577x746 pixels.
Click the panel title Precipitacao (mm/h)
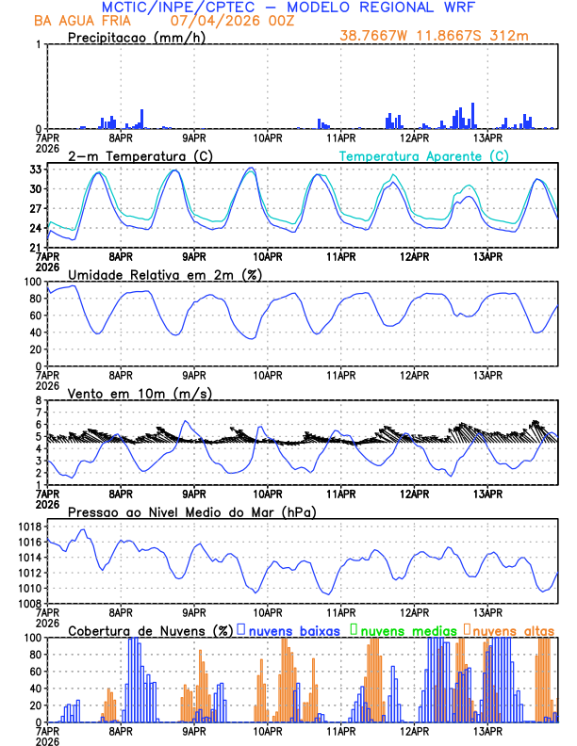(138, 37)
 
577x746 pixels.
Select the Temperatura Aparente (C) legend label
(424, 155)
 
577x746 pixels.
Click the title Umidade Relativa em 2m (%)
(164, 274)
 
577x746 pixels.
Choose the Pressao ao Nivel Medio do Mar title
(191, 511)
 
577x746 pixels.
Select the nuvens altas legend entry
(514, 630)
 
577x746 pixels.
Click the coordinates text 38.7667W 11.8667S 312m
(448, 35)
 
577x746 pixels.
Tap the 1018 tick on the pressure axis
(27, 527)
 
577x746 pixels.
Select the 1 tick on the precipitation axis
(38, 45)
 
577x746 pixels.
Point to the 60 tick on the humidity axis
(34, 316)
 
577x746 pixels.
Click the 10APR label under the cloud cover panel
(267, 731)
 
